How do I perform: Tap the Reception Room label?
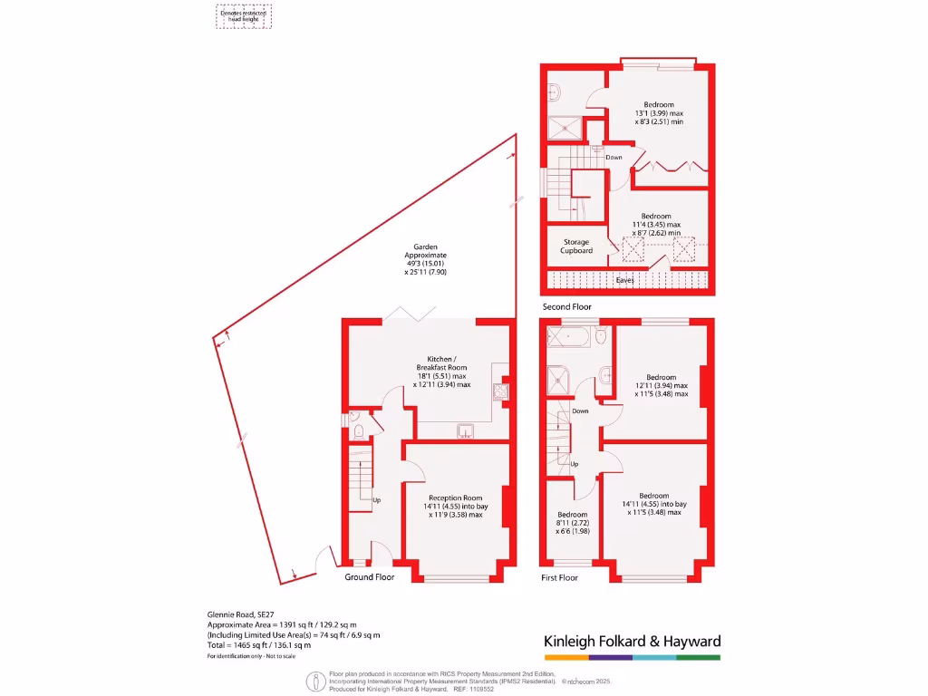[x=456, y=498]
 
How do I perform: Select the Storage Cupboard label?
[x=576, y=246]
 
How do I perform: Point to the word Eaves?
[x=624, y=280]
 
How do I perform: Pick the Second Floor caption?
[x=566, y=307]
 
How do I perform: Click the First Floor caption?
[x=559, y=577]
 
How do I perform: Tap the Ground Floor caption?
[x=370, y=576]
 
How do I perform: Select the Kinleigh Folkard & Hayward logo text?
[x=632, y=641]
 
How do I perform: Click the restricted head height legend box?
[x=244, y=15]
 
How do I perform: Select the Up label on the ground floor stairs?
[x=377, y=499]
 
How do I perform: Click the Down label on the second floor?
[x=614, y=158]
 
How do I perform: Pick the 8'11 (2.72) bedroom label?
[x=573, y=519]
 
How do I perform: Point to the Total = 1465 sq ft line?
[x=259, y=645]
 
